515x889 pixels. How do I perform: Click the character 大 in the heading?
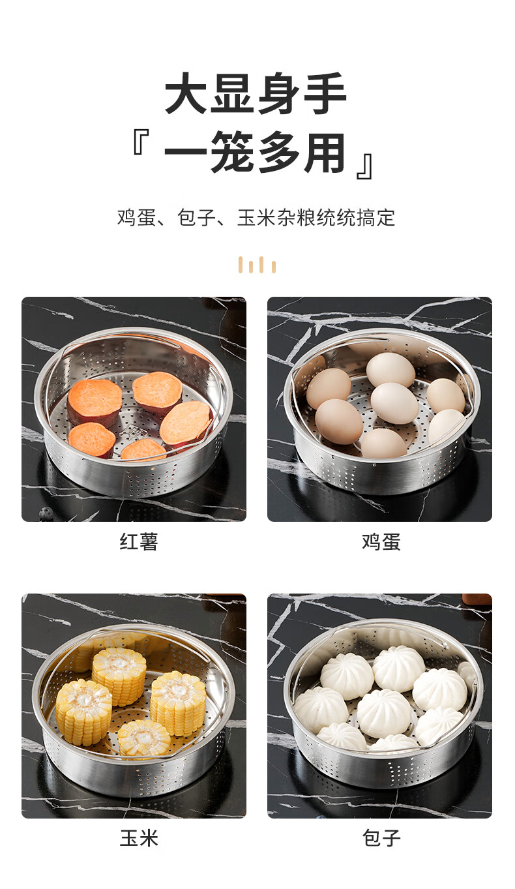click(186, 94)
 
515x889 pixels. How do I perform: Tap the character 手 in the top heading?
click(325, 94)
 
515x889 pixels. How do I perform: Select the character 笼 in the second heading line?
click(233, 153)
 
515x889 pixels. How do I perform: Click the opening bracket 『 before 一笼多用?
click(141, 142)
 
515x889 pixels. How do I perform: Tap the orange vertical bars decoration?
click(257, 265)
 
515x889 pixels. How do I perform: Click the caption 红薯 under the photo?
click(139, 542)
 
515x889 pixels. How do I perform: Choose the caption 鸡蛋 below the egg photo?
click(381, 542)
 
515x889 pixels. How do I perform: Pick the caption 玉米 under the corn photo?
click(139, 838)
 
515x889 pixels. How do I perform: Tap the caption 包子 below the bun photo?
click(381, 838)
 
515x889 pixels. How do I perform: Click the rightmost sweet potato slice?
click(186, 424)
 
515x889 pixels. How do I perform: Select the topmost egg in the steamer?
click(390, 369)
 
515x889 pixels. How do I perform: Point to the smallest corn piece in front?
click(144, 738)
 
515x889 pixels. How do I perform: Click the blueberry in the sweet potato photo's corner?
click(46, 513)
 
